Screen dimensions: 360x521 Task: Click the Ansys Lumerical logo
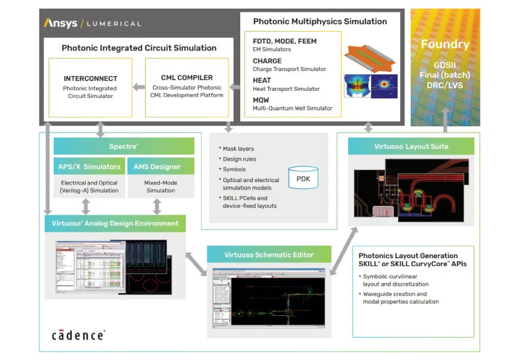coord(93,23)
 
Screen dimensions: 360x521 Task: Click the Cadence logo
coord(78,334)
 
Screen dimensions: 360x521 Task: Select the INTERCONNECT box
coord(90,87)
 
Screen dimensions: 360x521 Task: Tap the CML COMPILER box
coord(186,86)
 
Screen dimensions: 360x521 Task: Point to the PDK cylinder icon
coord(303,178)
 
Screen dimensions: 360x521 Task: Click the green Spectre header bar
coord(124,146)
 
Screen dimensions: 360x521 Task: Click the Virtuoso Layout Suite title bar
coord(411,146)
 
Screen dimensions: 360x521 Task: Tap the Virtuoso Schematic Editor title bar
coord(269,255)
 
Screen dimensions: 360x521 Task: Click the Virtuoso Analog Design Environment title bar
coord(115,223)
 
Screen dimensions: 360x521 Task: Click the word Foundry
coord(445,44)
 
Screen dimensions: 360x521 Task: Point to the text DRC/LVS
coord(445,86)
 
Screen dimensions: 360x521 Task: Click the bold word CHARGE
coord(267,61)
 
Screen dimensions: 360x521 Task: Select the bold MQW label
coord(262,99)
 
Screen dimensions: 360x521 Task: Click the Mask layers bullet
coord(238,149)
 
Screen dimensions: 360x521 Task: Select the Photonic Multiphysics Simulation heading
coord(320,21)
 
